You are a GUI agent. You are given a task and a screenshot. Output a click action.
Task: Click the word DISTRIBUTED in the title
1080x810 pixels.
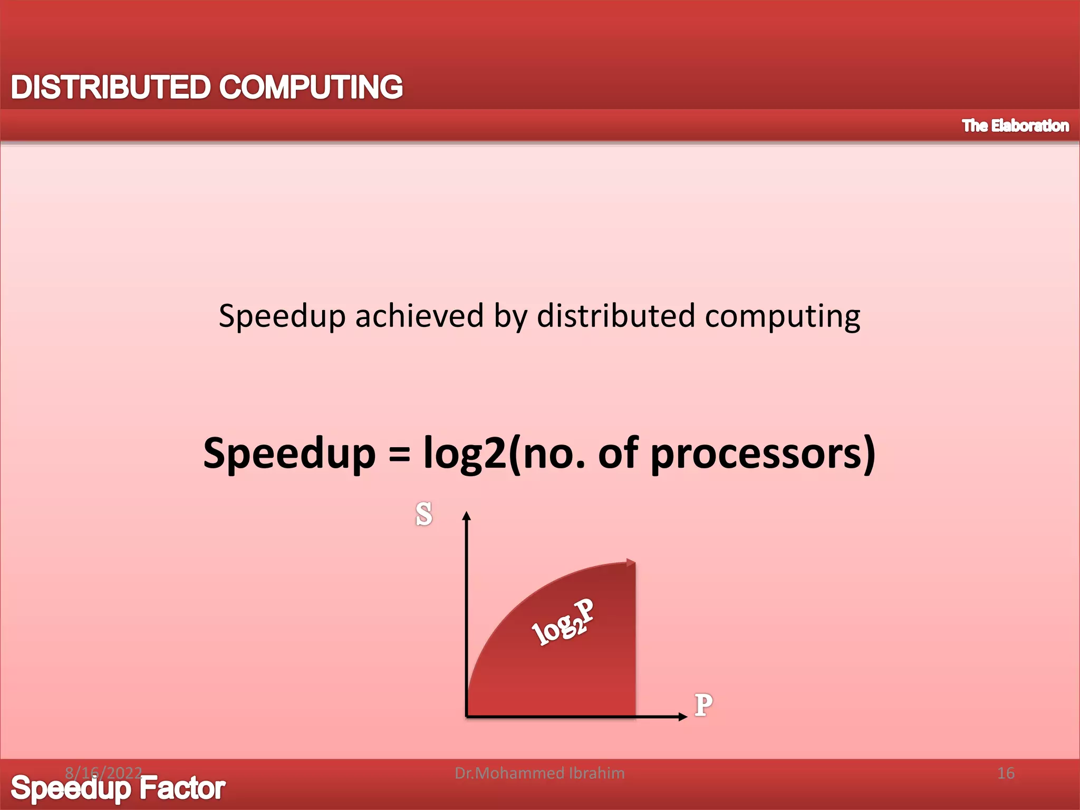110,87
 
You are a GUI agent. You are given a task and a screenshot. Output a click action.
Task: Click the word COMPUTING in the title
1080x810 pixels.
311,87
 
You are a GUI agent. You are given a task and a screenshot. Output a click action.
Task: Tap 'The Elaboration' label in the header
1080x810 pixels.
1015,126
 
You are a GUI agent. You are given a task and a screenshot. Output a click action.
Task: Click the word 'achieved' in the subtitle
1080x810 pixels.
419,316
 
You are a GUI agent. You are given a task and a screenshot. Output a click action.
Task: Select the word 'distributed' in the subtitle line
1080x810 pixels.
615,316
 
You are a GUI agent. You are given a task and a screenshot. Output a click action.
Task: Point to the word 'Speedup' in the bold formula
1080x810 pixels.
289,454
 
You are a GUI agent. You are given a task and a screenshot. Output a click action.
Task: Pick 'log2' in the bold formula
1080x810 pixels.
464,454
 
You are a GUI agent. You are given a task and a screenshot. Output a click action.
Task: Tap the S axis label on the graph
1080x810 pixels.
423,514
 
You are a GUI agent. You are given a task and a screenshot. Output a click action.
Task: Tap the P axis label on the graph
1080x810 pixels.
703,705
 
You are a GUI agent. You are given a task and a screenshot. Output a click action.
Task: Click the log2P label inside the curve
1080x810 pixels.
562,623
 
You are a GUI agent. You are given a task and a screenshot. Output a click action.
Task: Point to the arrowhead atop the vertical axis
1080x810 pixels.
466,515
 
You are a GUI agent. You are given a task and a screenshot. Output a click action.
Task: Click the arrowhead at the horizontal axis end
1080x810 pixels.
683,716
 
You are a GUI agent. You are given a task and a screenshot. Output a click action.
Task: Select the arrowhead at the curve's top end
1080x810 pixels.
631,563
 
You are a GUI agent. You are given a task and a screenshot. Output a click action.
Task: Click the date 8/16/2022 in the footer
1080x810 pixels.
103,773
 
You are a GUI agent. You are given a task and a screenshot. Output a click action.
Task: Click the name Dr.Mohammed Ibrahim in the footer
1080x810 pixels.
539,773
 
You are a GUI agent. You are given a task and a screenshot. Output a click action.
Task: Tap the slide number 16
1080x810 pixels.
1006,773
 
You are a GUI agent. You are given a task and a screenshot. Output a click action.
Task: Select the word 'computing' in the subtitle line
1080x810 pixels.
783,317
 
